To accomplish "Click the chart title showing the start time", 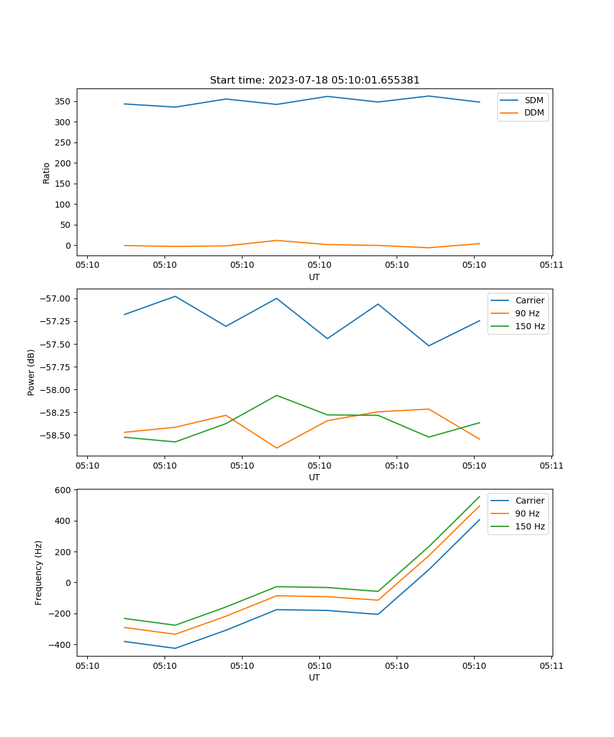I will (314, 80).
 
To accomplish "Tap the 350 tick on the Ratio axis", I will (64, 101).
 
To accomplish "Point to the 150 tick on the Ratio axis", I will (64, 184).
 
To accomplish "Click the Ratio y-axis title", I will (47, 173).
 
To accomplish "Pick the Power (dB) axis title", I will (31, 372).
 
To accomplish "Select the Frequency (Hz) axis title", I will (39, 572).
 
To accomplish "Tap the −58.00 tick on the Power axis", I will (58, 389).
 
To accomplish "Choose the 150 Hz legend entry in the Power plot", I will (530, 326).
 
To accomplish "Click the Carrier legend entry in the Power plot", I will (529, 300).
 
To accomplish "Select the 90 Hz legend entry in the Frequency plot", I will (527, 513).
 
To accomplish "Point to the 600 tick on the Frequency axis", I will (64, 490).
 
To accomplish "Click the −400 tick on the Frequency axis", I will (61, 644).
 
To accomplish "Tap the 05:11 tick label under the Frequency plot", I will (551, 665).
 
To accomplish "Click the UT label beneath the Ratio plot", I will (314, 277).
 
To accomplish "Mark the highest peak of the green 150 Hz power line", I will (277, 396).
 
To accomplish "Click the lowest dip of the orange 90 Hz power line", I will (277, 448).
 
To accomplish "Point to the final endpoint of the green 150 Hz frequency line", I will (480, 496).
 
